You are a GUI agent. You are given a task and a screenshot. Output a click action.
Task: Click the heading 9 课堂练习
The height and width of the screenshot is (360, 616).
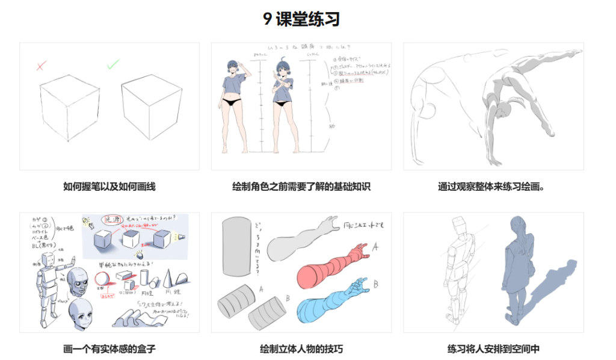click(301, 19)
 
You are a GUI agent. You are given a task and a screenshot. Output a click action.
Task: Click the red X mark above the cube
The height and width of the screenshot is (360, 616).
click(40, 66)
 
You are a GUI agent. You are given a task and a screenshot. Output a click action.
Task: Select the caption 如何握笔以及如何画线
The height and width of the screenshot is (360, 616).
click(109, 187)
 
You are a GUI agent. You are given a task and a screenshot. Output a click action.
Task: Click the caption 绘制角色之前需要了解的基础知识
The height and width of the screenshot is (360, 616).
click(301, 187)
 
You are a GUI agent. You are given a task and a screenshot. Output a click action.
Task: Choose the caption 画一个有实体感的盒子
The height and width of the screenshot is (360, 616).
click(109, 349)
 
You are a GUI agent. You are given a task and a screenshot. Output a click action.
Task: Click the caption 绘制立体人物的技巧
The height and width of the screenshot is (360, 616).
click(301, 349)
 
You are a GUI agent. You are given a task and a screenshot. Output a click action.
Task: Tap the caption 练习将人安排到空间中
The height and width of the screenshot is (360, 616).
click(493, 349)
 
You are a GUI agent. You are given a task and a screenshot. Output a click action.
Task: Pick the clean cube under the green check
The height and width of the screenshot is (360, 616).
click(151, 112)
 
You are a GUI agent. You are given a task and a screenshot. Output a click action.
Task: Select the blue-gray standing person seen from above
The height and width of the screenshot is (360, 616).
click(519, 265)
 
